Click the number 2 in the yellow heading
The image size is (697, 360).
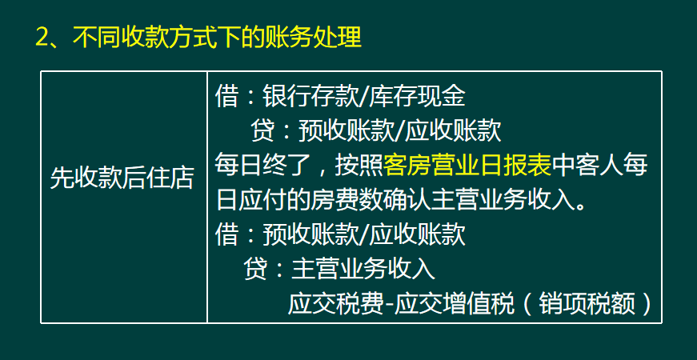44,38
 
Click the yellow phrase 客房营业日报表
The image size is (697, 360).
468,165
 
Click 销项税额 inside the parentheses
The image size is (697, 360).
585,304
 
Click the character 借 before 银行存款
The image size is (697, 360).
226,98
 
